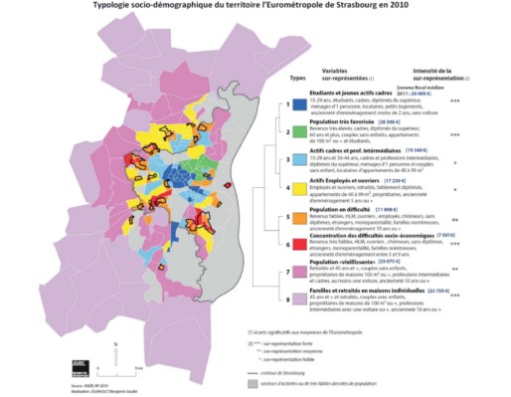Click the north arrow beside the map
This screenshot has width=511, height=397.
pos(116,347)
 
